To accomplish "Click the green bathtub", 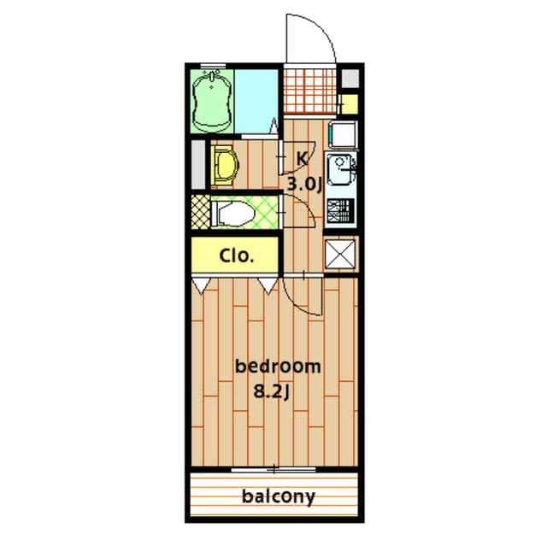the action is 212,101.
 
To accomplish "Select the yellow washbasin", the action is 225,166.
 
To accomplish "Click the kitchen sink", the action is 339,171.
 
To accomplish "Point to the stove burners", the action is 341,211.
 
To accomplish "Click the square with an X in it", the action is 340,254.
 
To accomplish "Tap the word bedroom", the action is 278,366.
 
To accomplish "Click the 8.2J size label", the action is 272,391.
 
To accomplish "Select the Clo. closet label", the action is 236,255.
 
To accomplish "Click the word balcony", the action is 279,496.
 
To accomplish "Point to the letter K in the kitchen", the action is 302,159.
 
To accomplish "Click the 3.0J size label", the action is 304,184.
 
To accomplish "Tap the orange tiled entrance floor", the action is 309,91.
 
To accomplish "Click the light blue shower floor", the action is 256,101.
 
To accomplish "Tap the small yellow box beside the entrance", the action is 350,104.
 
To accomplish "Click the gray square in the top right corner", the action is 350,79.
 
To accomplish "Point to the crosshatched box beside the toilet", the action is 201,212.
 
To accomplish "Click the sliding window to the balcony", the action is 273,470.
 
